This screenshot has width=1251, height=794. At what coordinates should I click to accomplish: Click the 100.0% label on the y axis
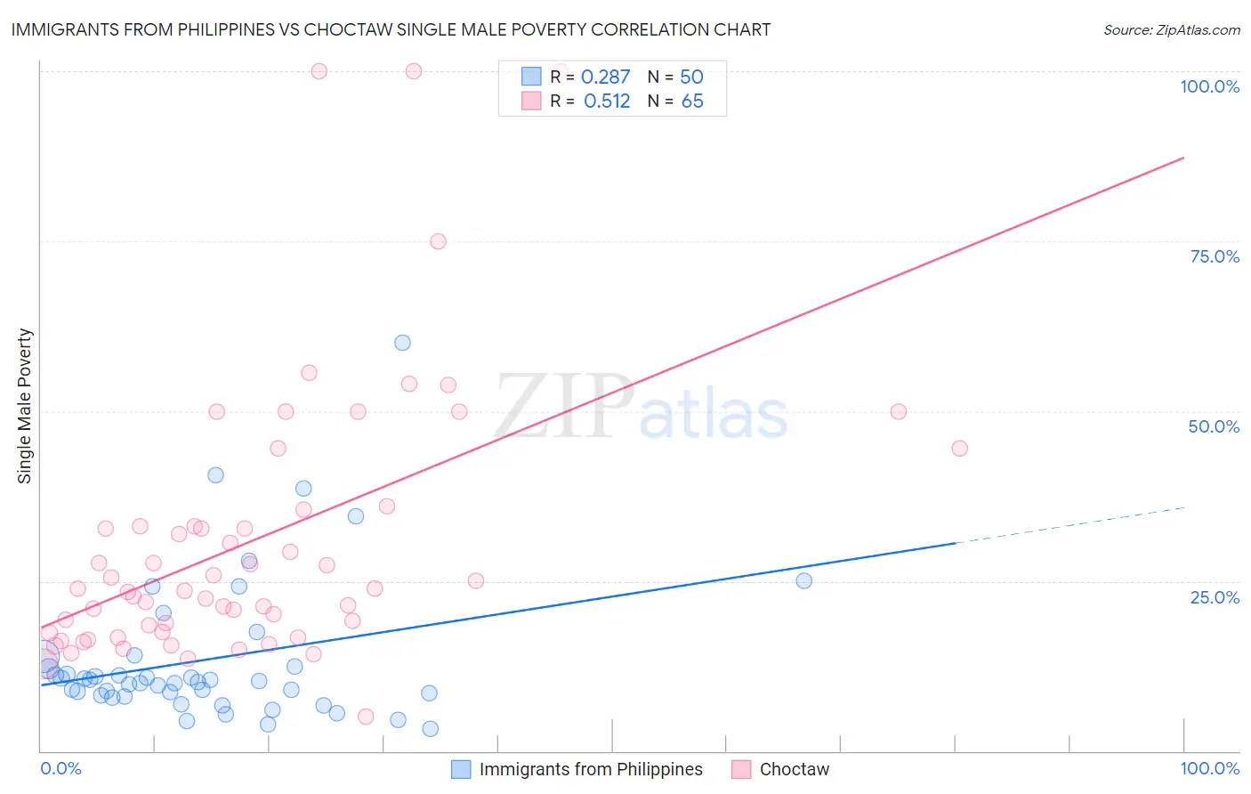tap(1209, 86)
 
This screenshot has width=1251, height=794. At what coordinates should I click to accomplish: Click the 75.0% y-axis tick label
tap(1215, 256)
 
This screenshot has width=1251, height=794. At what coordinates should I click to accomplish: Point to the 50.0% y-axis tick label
tap(1214, 426)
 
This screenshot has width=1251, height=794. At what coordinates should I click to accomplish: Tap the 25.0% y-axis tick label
tap(1215, 597)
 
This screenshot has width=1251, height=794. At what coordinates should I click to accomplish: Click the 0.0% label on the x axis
tap(61, 768)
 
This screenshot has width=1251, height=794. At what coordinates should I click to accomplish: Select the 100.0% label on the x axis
tap(1209, 768)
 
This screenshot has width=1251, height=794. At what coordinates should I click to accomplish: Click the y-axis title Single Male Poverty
tap(25, 406)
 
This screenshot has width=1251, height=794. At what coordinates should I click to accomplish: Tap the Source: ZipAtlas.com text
tap(1171, 29)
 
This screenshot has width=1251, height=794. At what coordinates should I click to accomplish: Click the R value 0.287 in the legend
tap(605, 77)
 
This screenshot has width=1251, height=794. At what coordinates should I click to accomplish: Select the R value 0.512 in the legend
tap(607, 101)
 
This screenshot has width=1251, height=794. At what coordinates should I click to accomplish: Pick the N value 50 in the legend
tap(691, 77)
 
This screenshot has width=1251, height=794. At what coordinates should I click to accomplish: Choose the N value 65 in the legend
tap(692, 101)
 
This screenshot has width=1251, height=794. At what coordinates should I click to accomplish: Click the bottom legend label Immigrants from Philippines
tap(591, 769)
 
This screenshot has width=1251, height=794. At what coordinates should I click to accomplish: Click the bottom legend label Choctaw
tap(794, 769)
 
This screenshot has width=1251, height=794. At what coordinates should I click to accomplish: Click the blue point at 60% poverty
tap(402, 343)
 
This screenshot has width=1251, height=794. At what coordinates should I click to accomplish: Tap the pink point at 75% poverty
tap(438, 241)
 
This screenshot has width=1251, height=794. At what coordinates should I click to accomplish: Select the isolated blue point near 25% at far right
tap(803, 580)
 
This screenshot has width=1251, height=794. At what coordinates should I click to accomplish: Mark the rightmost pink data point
tap(959, 449)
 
